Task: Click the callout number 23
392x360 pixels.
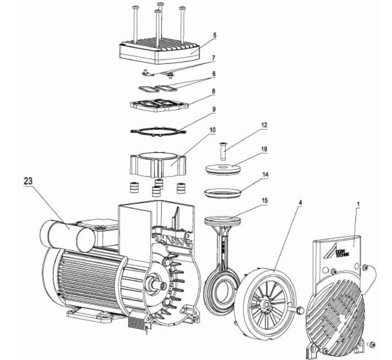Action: tap(28, 181)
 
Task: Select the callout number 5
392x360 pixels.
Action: tap(215, 35)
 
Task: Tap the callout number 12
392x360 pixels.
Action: tap(264, 125)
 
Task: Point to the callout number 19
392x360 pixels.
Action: tap(264, 149)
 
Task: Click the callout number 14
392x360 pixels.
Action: tap(265, 175)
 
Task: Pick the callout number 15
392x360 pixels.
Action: tap(264, 201)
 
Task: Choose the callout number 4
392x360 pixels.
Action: tap(300, 203)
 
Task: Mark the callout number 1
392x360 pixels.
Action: tap(358, 204)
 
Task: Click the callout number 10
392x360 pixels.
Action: tap(212, 130)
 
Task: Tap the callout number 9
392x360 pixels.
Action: tap(214, 109)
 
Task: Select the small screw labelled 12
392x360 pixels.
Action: tap(223, 150)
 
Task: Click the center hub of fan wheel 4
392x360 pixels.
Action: tap(265, 304)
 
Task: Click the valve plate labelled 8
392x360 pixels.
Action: tap(159, 105)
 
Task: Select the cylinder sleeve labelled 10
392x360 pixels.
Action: tap(158, 165)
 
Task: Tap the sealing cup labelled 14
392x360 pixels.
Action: tap(223, 193)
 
